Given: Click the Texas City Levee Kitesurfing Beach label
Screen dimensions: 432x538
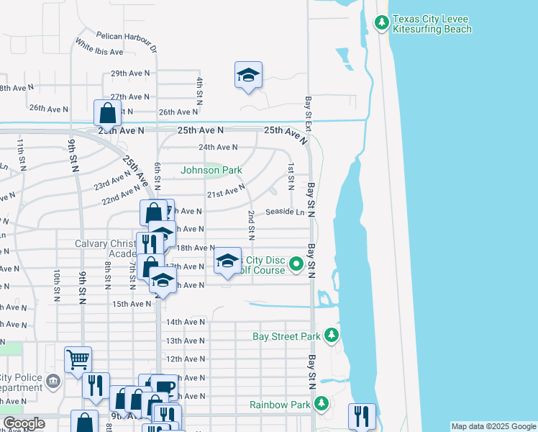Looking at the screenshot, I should [432, 24].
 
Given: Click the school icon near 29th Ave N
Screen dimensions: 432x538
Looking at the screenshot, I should [248, 75].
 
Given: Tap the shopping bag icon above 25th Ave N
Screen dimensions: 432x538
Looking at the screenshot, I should [107, 113].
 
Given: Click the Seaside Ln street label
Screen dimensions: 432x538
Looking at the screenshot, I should [285, 212].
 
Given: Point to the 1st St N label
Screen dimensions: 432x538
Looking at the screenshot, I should [291, 177].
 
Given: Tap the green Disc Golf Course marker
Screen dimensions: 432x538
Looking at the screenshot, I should [296, 266].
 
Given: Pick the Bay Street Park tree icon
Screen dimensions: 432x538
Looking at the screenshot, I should [331, 336].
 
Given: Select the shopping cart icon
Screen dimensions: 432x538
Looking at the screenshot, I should [78, 359].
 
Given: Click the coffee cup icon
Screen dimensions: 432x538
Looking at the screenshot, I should [163, 387].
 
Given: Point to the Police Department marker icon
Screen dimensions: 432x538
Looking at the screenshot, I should [52, 380].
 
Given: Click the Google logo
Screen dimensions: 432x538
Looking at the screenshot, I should [24, 423].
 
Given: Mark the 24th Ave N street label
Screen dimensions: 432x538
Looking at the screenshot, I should [218, 147].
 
